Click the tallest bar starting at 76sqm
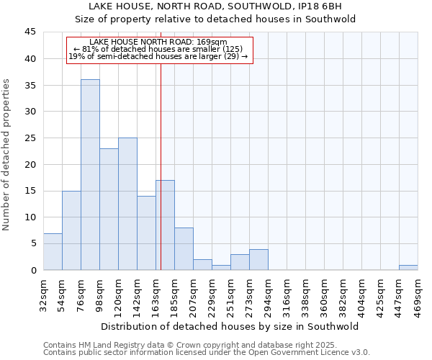point(90,175)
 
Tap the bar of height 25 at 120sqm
point(127,204)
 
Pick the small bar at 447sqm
point(408,268)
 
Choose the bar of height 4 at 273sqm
point(258,260)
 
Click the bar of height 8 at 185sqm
point(184,249)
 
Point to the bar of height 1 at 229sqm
point(221,268)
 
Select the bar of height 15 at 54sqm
point(71,230)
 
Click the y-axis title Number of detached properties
point(7,155)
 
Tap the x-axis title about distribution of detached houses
point(230,326)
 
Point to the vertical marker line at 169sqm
point(161,144)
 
